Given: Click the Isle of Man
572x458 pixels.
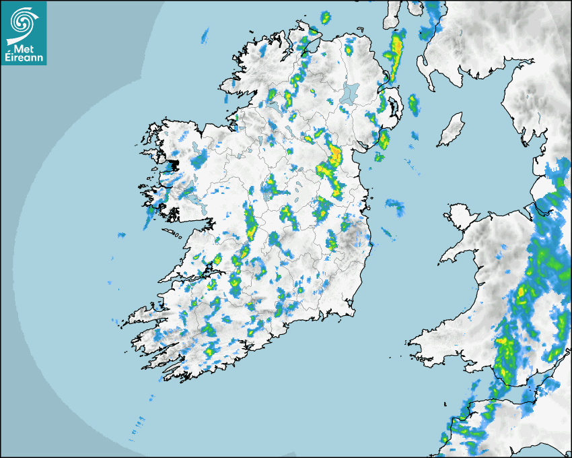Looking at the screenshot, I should pyautogui.click(x=452, y=130).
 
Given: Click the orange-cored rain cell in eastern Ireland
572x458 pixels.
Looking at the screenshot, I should pyautogui.click(x=334, y=156).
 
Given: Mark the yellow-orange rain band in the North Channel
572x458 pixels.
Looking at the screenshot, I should pyautogui.click(x=396, y=47).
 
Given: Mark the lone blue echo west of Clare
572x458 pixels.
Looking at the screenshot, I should pyautogui.click(x=122, y=235).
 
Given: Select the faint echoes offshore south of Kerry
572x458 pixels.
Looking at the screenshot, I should pyautogui.click(x=138, y=424).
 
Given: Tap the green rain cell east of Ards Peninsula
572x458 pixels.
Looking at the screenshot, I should pyautogui.click(x=413, y=104).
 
